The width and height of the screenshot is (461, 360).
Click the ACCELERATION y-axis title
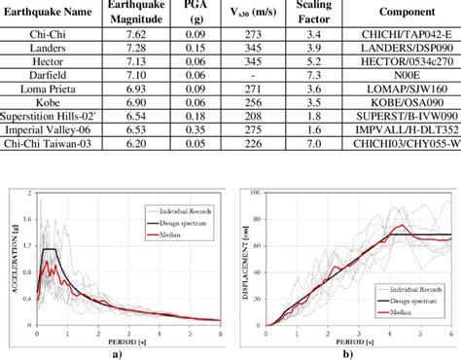[11, 258]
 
